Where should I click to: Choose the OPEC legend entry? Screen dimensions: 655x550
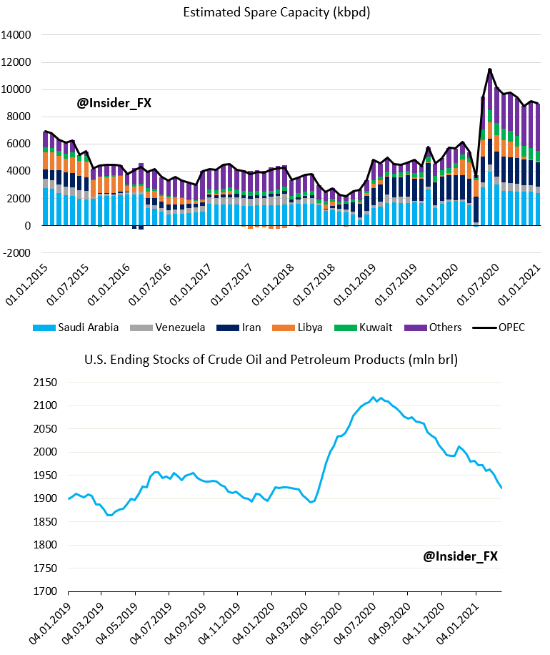click(x=504, y=327)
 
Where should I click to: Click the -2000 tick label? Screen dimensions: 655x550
click(x=17, y=252)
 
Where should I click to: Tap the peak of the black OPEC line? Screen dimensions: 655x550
click(x=489, y=69)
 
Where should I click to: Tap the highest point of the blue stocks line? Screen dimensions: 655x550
click(x=374, y=397)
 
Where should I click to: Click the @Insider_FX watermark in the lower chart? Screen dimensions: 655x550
click(x=459, y=556)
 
